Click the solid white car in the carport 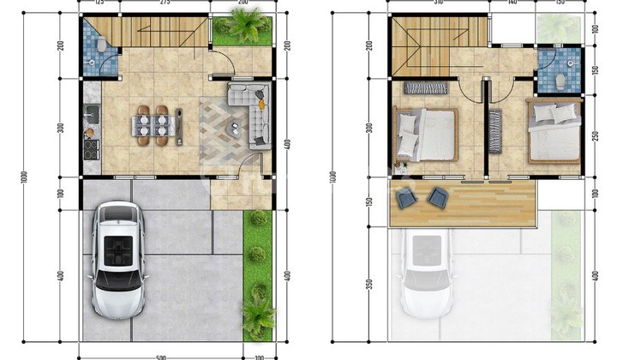pos(118,257)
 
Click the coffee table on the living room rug pos(233,129)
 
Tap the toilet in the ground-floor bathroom pos(100,43)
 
